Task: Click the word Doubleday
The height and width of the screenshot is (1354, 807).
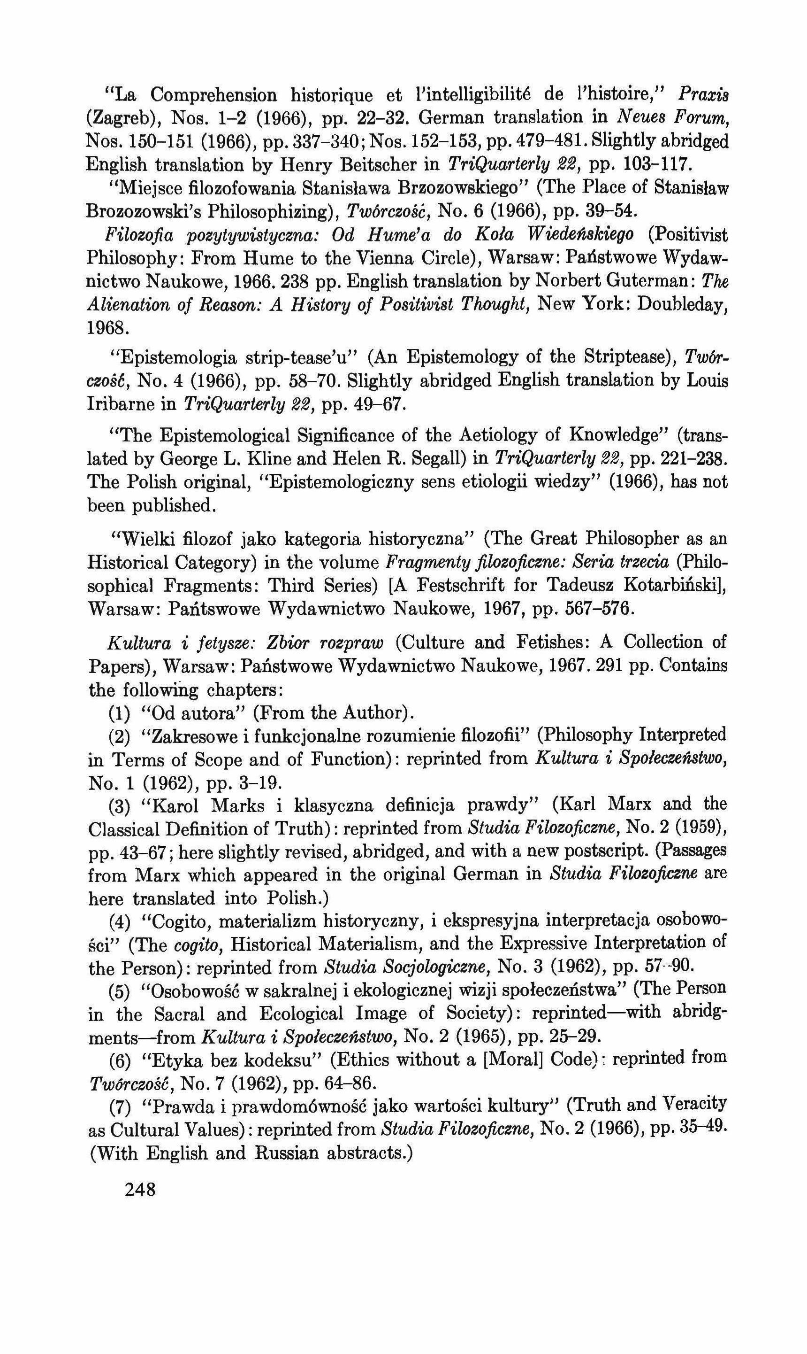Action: (x=681, y=305)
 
